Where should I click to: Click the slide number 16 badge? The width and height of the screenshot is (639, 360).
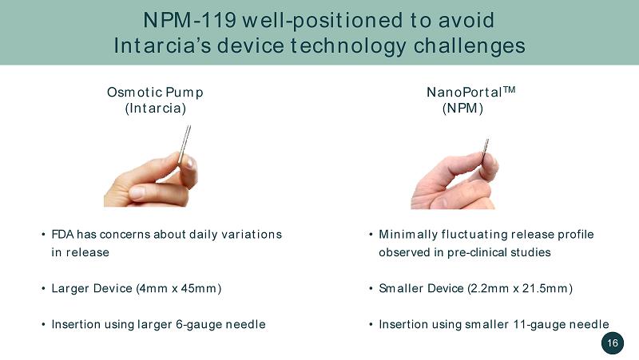[x=613, y=343]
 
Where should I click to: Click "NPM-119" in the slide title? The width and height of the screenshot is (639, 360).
[x=189, y=20]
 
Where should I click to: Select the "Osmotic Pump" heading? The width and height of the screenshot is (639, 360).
[x=155, y=92]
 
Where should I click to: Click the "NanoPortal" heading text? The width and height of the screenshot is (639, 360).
[x=464, y=92]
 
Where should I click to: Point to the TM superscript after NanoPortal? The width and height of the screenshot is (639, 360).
[x=509, y=89]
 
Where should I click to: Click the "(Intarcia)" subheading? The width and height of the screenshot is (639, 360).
[x=155, y=109]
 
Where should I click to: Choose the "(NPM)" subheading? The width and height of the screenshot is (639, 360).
[x=462, y=109]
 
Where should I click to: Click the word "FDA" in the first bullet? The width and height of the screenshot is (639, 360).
[x=63, y=234]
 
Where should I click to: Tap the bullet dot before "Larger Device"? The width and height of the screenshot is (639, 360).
[x=43, y=288]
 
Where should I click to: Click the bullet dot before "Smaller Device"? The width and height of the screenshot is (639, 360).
[x=371, y=288]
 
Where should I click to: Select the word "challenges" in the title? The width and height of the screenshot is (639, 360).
[x=470, y=45]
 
